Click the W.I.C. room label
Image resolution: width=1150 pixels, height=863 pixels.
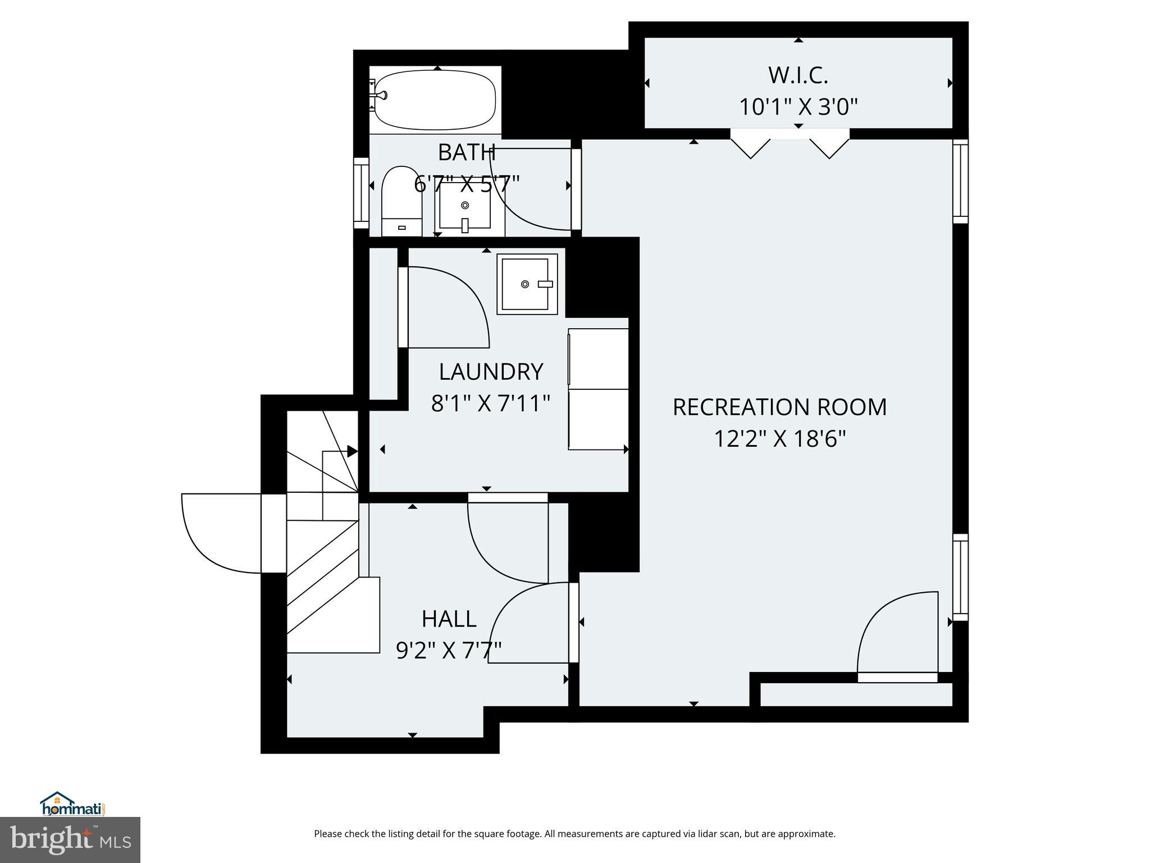798,75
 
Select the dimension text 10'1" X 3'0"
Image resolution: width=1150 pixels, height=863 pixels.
798,107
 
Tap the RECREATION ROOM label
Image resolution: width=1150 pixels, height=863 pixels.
779,407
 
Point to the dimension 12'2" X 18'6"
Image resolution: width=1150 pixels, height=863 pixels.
779,439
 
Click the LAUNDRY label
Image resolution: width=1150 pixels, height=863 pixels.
491,372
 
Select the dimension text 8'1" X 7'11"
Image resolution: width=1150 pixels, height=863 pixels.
491,403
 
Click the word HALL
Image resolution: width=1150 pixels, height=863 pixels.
449,619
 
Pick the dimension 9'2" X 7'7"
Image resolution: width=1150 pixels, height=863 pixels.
449,651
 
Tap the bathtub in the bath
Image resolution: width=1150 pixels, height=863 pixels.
435,100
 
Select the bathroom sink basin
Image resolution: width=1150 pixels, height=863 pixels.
464,207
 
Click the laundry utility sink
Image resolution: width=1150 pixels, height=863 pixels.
527,284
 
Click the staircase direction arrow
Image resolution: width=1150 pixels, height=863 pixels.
352,451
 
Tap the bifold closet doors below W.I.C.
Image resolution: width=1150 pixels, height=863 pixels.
790,145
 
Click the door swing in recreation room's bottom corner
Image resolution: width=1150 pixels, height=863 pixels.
897,635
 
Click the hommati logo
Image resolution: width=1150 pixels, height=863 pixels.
72,805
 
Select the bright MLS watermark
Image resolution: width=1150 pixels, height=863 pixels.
70,839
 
